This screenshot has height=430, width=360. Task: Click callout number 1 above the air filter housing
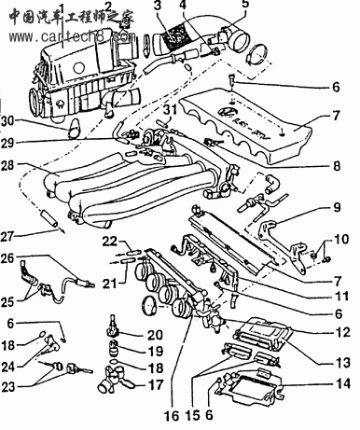[62, 10]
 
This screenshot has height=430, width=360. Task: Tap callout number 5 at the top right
[245, 6]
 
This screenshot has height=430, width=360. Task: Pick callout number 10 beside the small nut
[339, 241]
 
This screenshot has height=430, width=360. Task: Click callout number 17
[155, 382]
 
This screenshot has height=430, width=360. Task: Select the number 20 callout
[155, 335]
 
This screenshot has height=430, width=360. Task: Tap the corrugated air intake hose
[172, 42]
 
